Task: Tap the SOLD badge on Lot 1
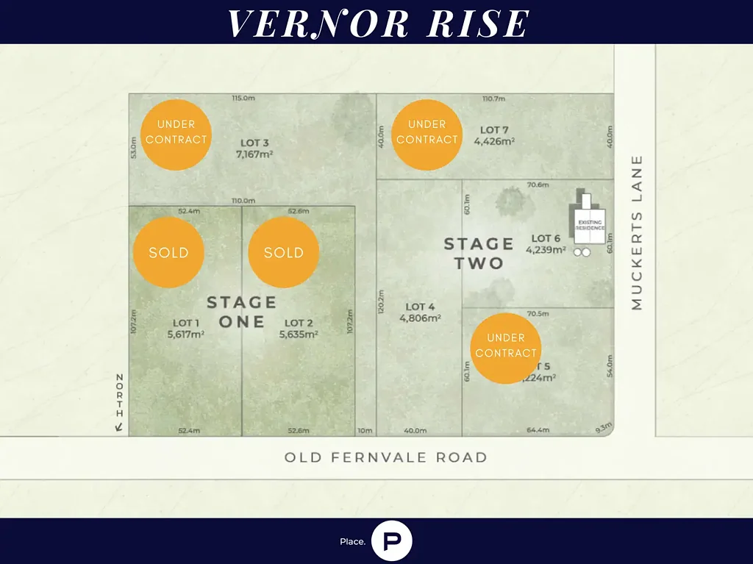tap(168, 252)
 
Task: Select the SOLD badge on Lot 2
tap(283, 252)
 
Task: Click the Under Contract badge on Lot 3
tap(176, 135)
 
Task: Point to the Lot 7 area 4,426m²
tap(494, 141)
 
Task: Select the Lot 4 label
tap(420, 307)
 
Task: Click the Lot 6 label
tap(546, 238)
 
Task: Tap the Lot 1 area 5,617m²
tap(185, 334)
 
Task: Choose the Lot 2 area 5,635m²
tap(299, 334)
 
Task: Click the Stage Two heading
tap(479, 253)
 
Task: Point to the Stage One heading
tap(241, 312)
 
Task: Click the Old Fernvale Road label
tap(385, 457)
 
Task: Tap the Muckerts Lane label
tap(637, 232)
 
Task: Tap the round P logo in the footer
tap(391, 541)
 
